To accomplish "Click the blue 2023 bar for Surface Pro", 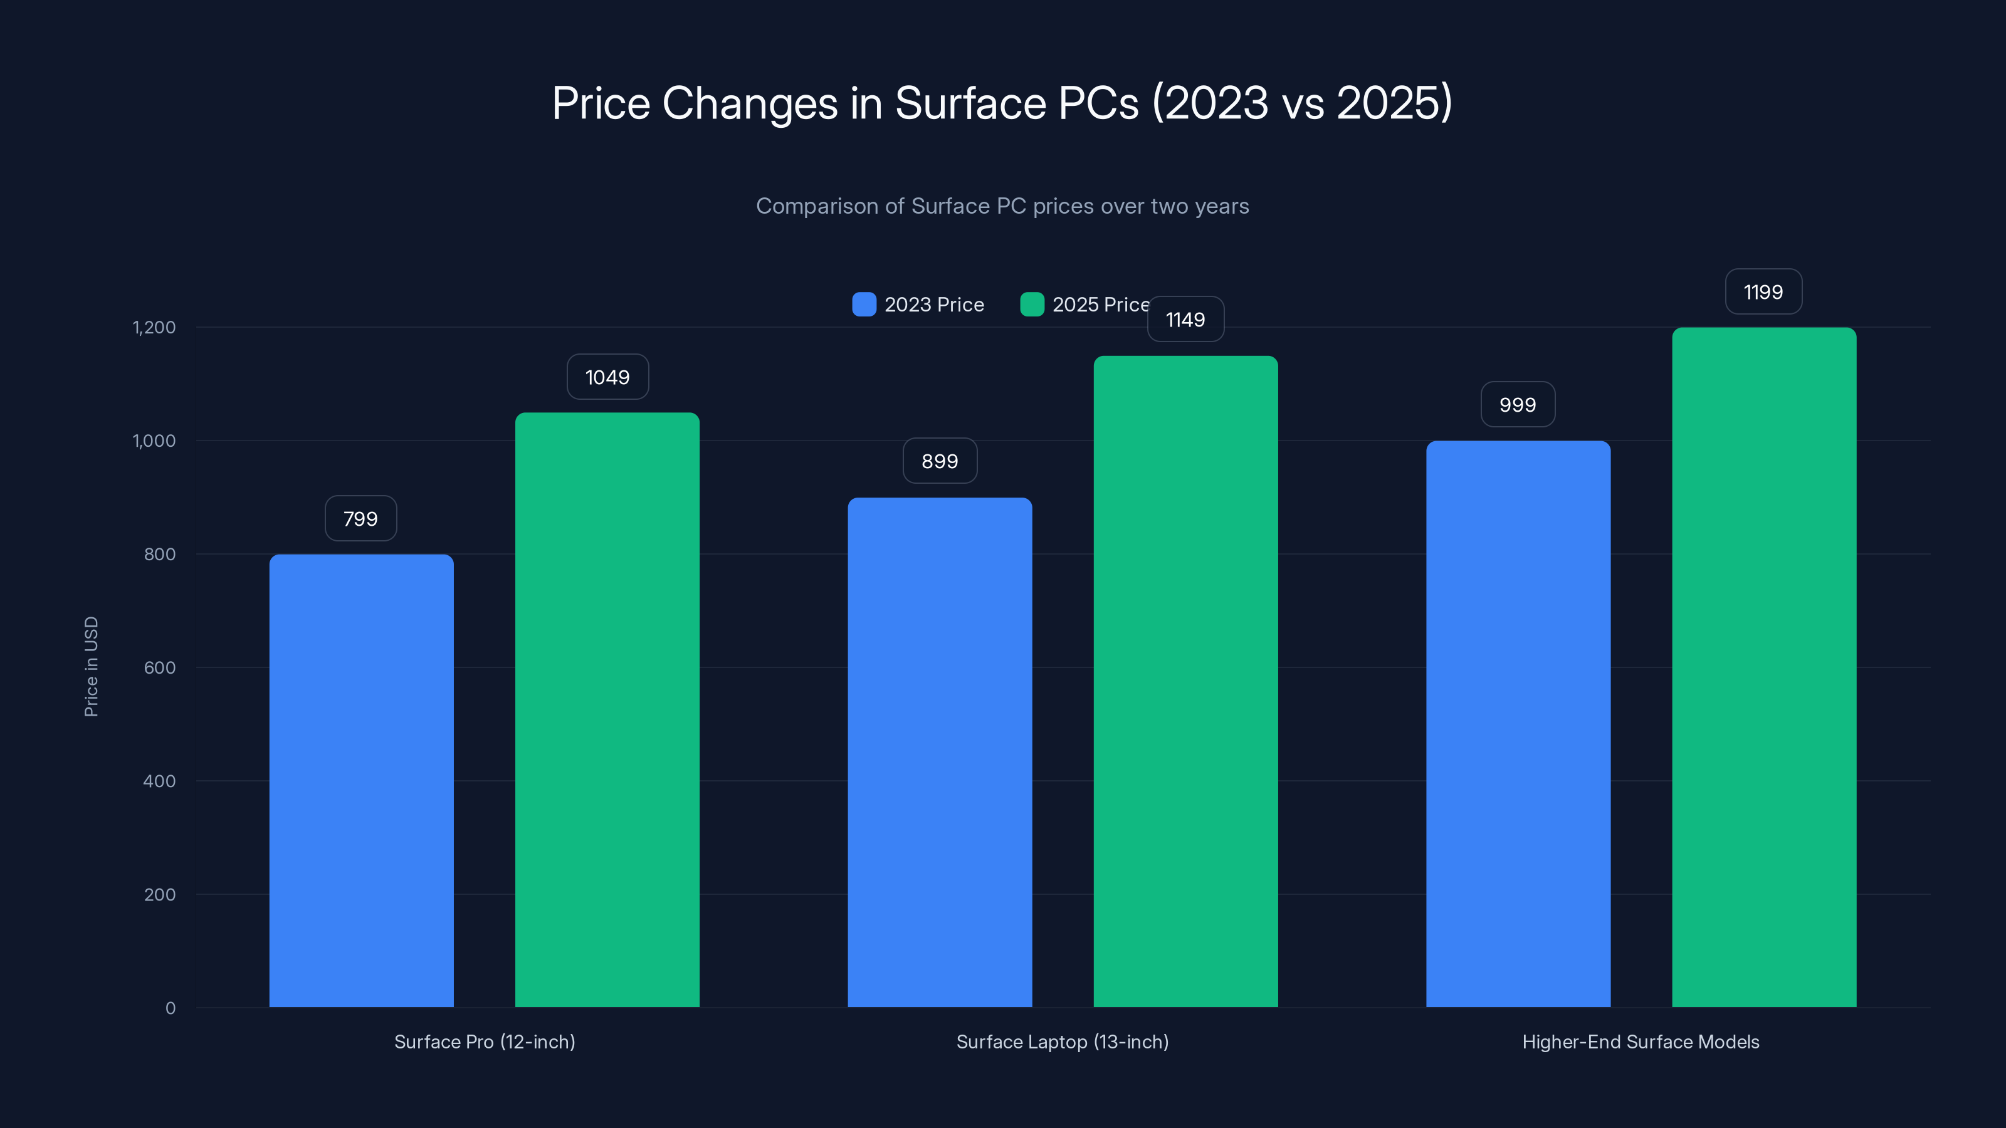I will pos(361,780).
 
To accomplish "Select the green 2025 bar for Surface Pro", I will pos(607,709).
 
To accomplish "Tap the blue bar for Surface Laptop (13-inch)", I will pos(940,752).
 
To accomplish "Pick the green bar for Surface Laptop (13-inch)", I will pos(1185,681).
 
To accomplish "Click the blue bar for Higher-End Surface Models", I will pos(1518,724).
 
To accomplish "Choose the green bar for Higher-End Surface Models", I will pos(1764,667).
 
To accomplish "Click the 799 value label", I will pos(360,518).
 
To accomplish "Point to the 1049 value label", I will pos(607,377).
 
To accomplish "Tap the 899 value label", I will pos(940,461).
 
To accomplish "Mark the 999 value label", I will pos(1518,405).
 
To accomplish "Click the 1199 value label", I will pos(1763,292).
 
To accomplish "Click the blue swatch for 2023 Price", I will pos(864,305).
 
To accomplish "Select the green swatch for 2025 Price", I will pos(1032,305).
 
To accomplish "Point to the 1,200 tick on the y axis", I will pos(154,327).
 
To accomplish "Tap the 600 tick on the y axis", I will pos(160,667).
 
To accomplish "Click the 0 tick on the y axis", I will pos(171,1008).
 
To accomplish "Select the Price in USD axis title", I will pos(91,666).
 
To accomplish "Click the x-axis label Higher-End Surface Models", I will pos(1641,1042).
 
